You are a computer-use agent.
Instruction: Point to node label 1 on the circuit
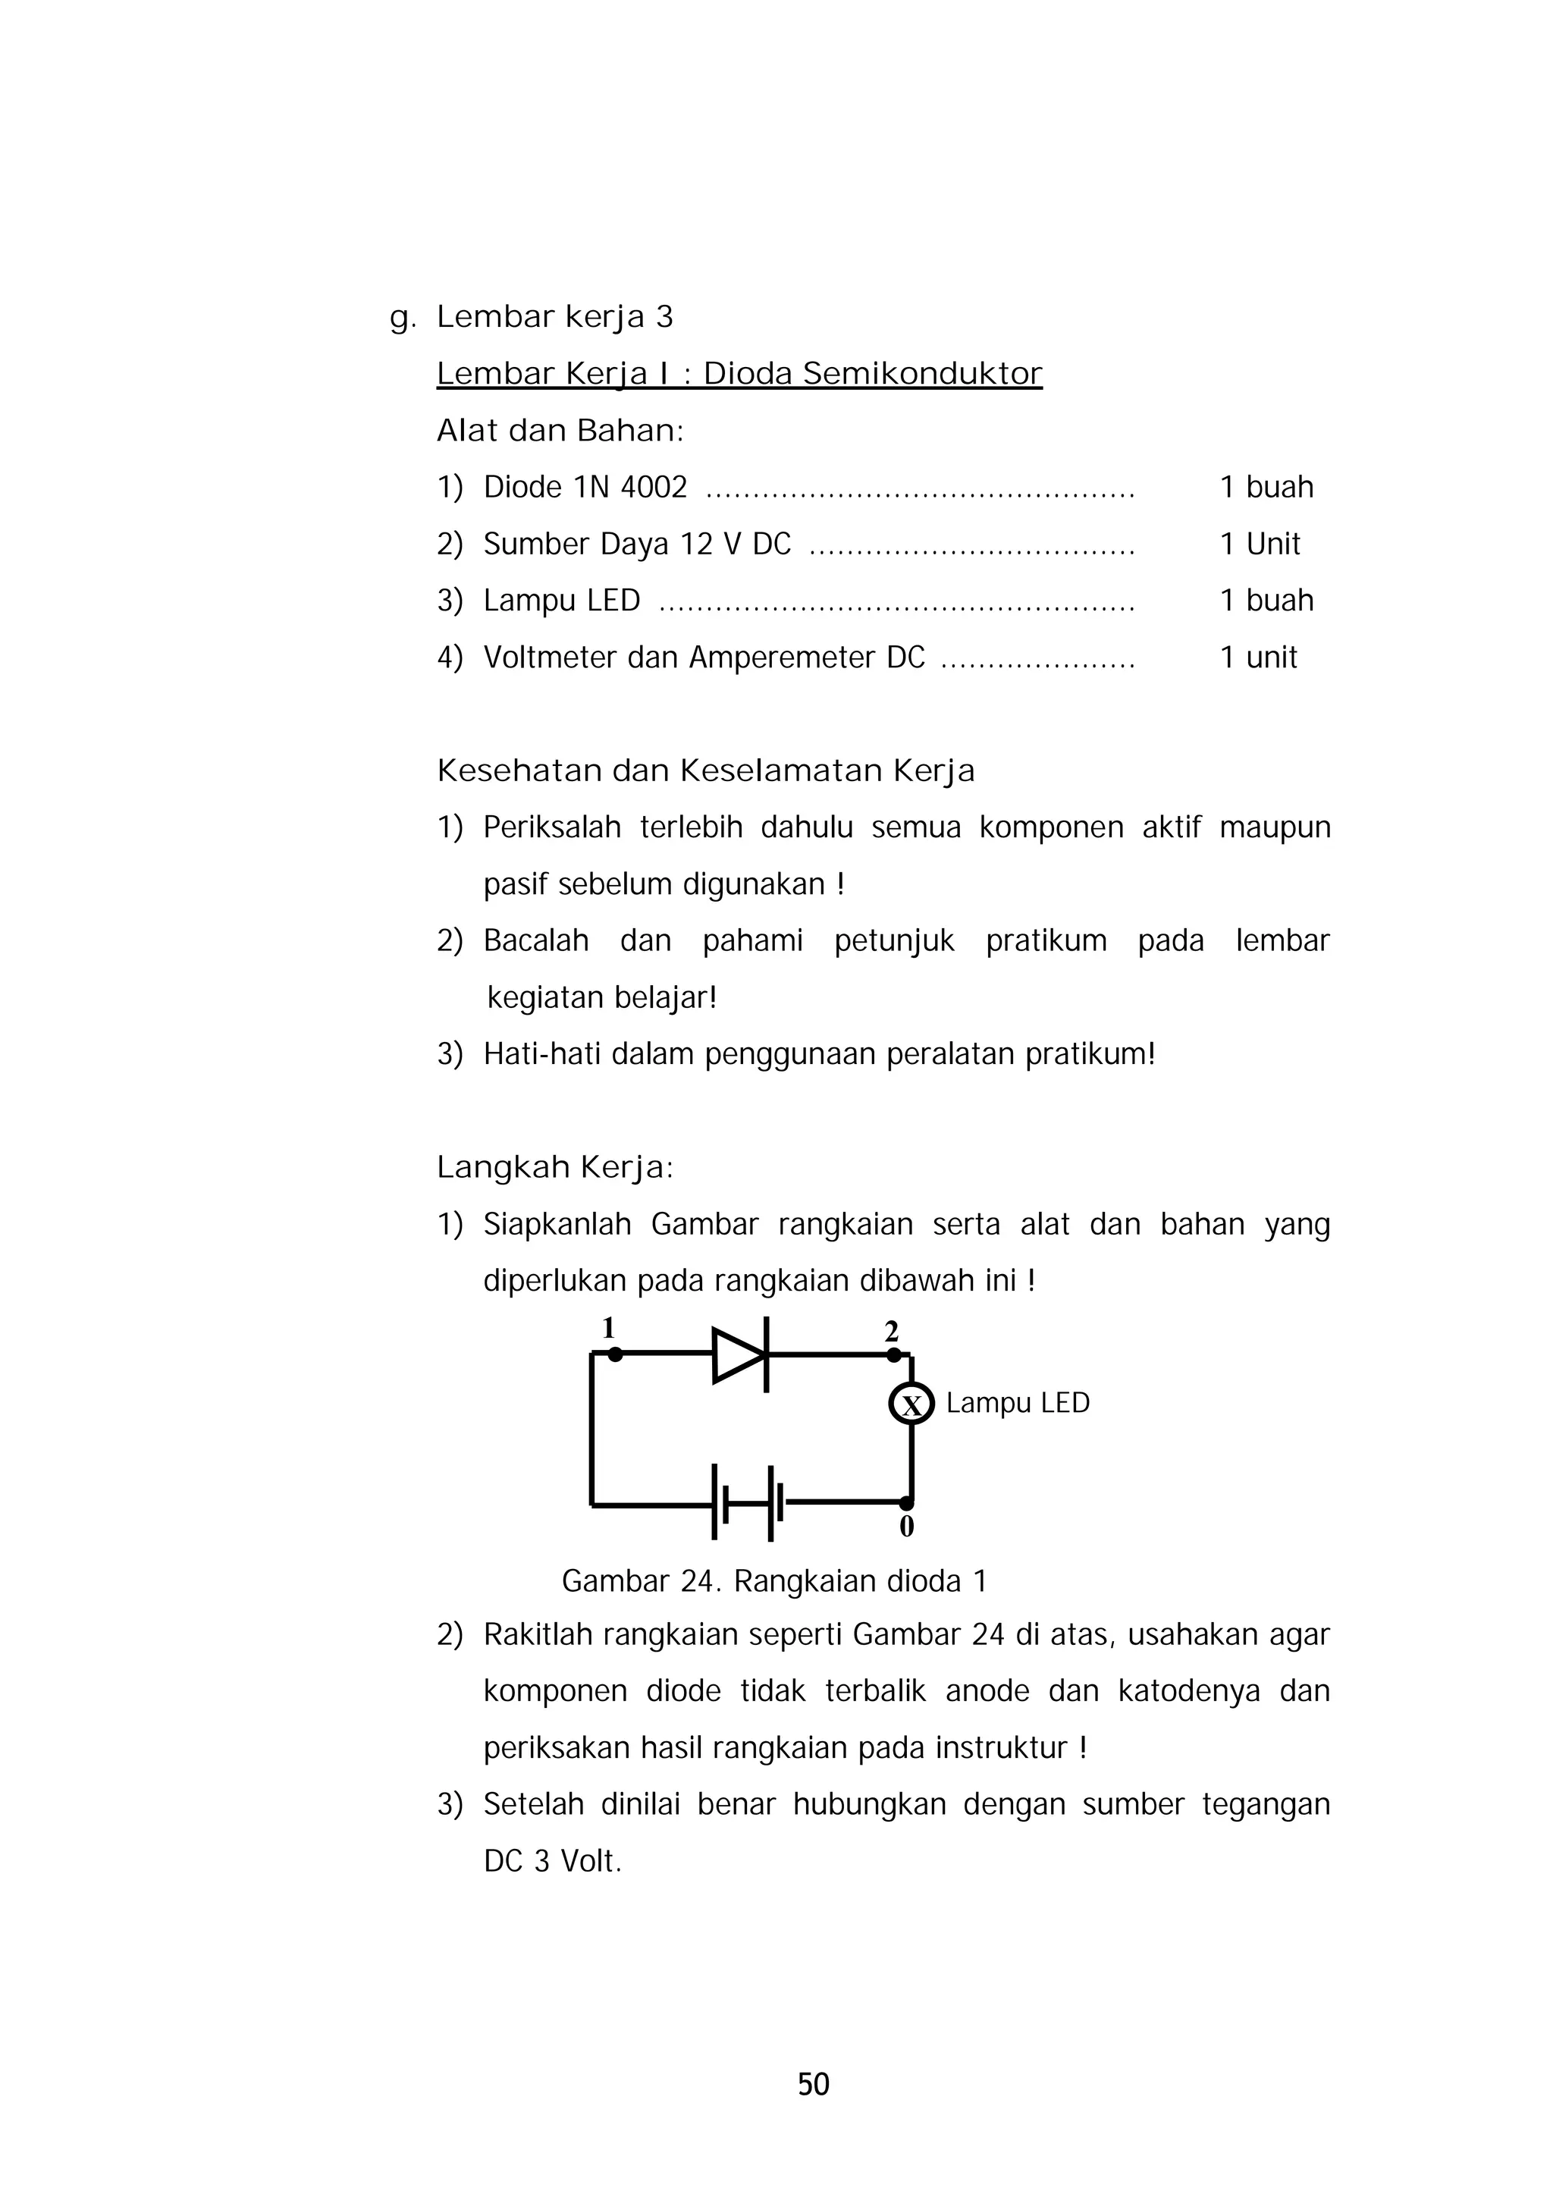click(607, 1328)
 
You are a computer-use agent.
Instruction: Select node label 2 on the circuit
click(891, 1331)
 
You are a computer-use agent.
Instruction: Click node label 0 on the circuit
click(906, 1527)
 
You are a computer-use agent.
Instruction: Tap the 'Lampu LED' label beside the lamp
click(1017, 1404)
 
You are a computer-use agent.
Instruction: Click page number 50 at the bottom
click(814, 2083)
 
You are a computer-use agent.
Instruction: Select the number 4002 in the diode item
click(654, 487)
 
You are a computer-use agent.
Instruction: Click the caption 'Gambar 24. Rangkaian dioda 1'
click(773, 1580)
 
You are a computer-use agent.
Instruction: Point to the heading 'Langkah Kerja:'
click(555, 1167)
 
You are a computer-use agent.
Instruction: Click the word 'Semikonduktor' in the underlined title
click(921, 373)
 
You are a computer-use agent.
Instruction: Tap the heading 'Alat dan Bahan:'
click(560, 431)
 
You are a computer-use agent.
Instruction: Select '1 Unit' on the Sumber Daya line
click(1260, 544)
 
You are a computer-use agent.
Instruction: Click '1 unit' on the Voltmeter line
click(1258, 658)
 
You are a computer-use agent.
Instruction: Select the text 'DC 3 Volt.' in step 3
click(552, 1861)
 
